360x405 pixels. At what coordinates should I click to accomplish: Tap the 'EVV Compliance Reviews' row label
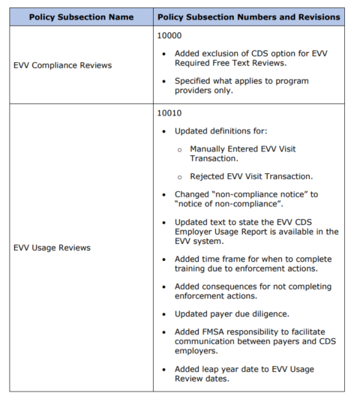coord(62,65)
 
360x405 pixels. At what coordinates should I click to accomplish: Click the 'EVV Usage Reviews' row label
coord(52,247)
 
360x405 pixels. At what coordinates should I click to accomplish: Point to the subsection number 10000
coord(169,35)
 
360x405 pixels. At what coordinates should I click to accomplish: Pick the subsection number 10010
coord(169,113)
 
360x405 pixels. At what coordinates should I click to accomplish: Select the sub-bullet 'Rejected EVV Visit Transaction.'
coord(251,176)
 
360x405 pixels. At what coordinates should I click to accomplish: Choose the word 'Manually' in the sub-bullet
coord(208,148)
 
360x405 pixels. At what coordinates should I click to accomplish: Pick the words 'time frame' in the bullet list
coord(224,257)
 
